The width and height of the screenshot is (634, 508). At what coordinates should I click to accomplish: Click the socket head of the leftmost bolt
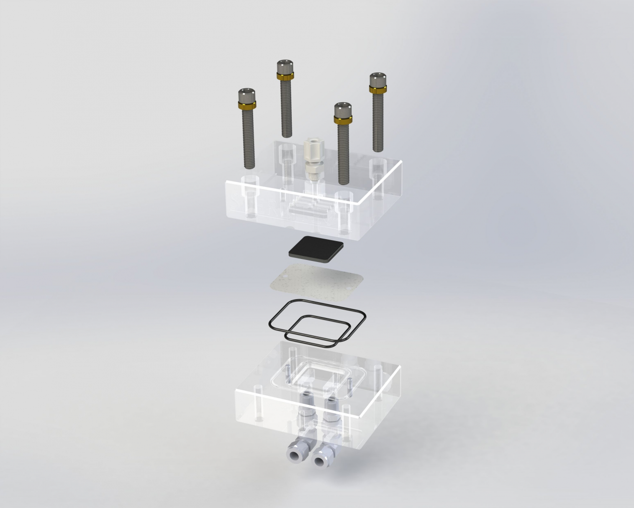tap(247, 95)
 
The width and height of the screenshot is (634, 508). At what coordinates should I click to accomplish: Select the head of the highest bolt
tap(285, 67)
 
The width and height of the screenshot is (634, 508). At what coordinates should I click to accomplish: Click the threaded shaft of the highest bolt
tap(286, 109)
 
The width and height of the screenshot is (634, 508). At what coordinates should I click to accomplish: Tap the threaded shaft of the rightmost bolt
tap(378, 119)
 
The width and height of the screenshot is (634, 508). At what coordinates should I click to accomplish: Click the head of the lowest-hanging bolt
tap(343, 109)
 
